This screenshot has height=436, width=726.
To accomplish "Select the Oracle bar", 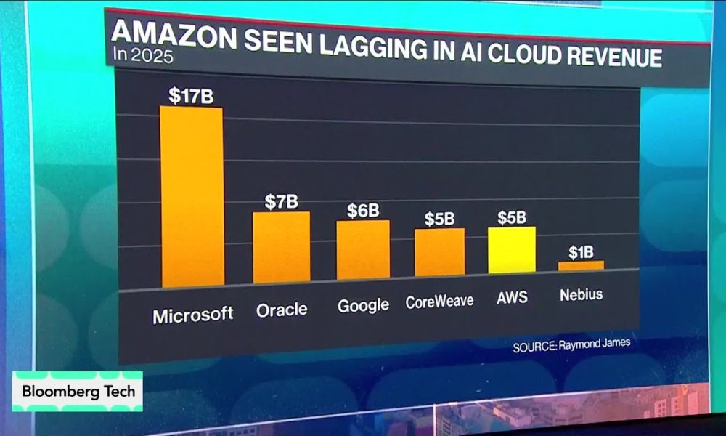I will coord(281,248).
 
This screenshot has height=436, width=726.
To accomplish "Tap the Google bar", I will coord(363,249).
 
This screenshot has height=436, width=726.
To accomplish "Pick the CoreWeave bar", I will coord(439,252).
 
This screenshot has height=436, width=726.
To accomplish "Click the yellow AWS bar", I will coord(511,250).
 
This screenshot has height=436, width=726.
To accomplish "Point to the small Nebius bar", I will coord(581,266).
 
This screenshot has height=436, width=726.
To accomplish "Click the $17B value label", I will coord(191,96).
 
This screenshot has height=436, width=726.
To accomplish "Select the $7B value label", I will coord(281,201).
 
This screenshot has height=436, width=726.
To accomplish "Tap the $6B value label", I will coord(363,210).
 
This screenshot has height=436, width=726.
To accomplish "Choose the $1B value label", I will coord(581,252).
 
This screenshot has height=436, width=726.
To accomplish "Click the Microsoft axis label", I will coord(193,315).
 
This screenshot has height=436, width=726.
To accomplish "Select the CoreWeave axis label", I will coord(439,302).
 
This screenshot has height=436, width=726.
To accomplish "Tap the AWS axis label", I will coord(512,298).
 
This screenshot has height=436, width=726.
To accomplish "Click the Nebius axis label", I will coord(582,295).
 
